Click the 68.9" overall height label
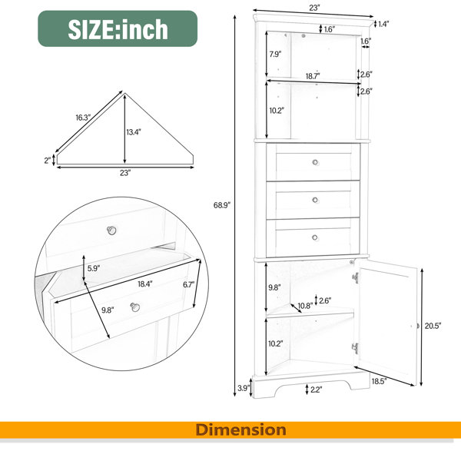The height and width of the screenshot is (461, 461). [222, 205]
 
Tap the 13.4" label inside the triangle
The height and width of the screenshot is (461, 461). [134, 132]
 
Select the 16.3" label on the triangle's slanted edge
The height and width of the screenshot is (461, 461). [83, 118]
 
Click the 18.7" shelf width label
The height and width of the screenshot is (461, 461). [313, 76]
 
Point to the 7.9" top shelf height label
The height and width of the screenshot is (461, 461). [276, 54]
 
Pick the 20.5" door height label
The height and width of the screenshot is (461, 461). [433, 326]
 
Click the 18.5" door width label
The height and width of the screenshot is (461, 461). [379, 381]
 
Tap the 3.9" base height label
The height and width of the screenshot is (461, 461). [244, 388]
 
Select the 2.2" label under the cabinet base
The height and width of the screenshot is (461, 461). [316, 390]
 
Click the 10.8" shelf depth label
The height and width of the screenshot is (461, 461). [306, 306]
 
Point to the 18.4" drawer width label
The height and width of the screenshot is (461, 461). [145, 284]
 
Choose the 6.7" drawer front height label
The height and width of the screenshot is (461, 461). [189, 284]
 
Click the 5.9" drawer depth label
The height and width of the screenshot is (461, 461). [94, 268]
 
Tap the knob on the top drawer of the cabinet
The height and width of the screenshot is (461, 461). [315, 162]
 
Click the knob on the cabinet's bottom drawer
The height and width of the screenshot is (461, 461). [315, 237]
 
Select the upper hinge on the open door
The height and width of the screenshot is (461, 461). [356, 277]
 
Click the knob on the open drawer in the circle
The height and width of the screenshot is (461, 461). [135, 307]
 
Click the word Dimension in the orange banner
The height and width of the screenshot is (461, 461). [240, 429]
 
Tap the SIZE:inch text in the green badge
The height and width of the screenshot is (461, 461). [118, 29]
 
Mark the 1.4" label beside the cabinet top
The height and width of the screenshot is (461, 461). [383, 24]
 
